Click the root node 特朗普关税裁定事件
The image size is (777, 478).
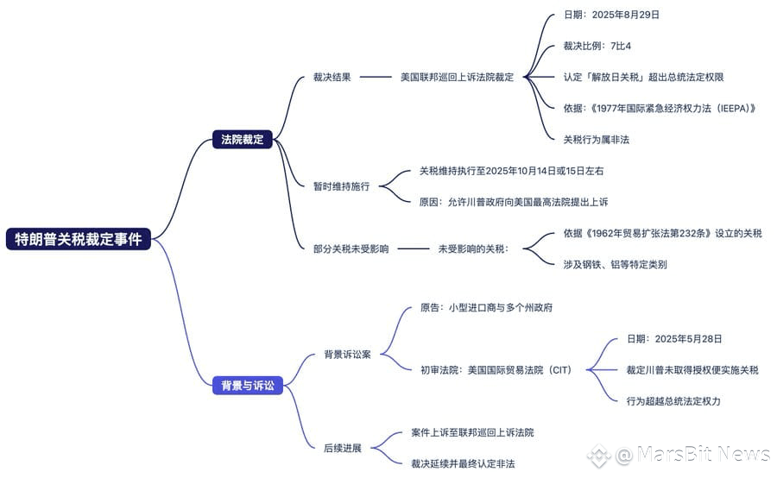pos(79,239)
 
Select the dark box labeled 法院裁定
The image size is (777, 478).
pos(243,139)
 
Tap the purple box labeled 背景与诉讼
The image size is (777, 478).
pos(247,386)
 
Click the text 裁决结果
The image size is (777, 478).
pos(332,77)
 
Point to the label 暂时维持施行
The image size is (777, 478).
pos(341,186)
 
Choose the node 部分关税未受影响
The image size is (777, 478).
pos(351,248)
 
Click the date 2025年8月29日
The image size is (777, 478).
pos(625,15)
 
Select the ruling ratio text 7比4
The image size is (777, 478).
pos(621,46)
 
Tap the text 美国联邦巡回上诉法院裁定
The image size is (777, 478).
pos(457,77)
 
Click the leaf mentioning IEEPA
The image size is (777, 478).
pos(660,108)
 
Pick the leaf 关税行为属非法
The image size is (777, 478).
pos(596,140)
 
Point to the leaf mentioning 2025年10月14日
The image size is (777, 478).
pos(511,171)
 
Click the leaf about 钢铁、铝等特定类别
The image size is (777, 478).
pos(615,265)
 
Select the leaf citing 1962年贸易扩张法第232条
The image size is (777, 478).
pos(662,233)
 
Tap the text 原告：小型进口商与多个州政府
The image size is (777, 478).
pos(486,308)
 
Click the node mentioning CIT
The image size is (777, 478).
pos(496,370)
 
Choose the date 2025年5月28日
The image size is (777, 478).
pos(688,339)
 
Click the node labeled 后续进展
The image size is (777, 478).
pos(343,448)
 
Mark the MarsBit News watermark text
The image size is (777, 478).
pos(692,454)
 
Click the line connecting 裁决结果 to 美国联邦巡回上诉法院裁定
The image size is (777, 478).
pos(376,77)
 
